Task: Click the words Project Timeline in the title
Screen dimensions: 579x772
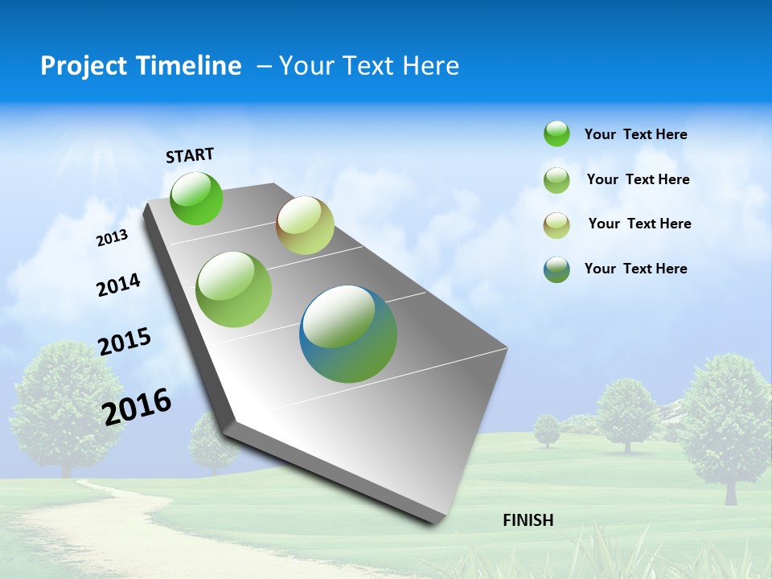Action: [x=141, y=66]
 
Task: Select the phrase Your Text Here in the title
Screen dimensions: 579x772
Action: [x=369, y=66]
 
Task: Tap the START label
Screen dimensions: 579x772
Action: [x=190, y=155]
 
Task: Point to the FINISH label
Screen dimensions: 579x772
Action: [x=528, y=520]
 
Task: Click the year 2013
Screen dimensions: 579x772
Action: [x=112, y=238]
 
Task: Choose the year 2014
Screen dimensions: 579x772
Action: [x=118, y=285]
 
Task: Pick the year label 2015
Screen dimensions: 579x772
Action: [x=125, y=342]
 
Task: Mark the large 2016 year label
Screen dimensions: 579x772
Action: [x=137, y=406]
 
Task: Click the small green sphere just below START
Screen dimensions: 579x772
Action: [x=196, y=198]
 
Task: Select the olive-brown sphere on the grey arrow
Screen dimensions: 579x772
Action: [x=305, y=225]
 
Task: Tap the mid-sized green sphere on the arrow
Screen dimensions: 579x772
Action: [x=234, y=289]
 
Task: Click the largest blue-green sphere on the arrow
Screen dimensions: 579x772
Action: [x=348, y=334]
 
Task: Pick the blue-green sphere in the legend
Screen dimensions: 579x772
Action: [x=556, y=269]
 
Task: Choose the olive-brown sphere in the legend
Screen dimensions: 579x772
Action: [x=556, y=224]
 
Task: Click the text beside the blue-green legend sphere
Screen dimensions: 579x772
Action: [x=636, y=269]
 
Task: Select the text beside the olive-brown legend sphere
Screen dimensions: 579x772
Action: [x=639, y=224]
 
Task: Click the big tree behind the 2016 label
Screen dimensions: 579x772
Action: [x=60, y=402]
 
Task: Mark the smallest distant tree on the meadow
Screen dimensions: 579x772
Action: [x=547, y=429]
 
